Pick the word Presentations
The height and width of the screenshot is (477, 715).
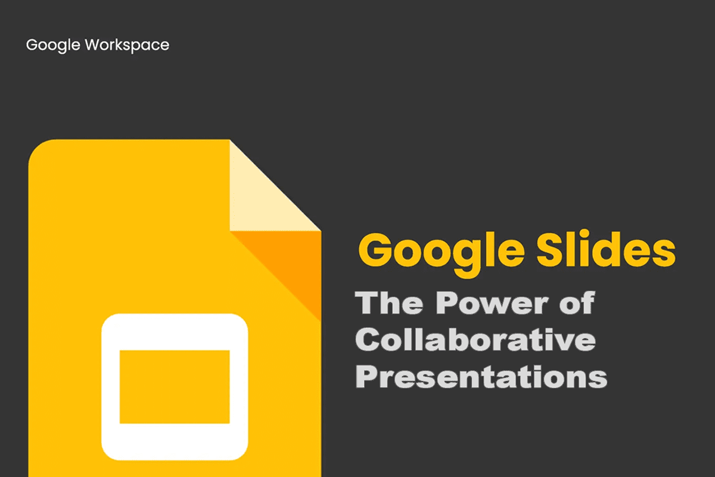(x=481, y=377)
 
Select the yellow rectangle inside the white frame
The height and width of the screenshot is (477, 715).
(x=175, y=387)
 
